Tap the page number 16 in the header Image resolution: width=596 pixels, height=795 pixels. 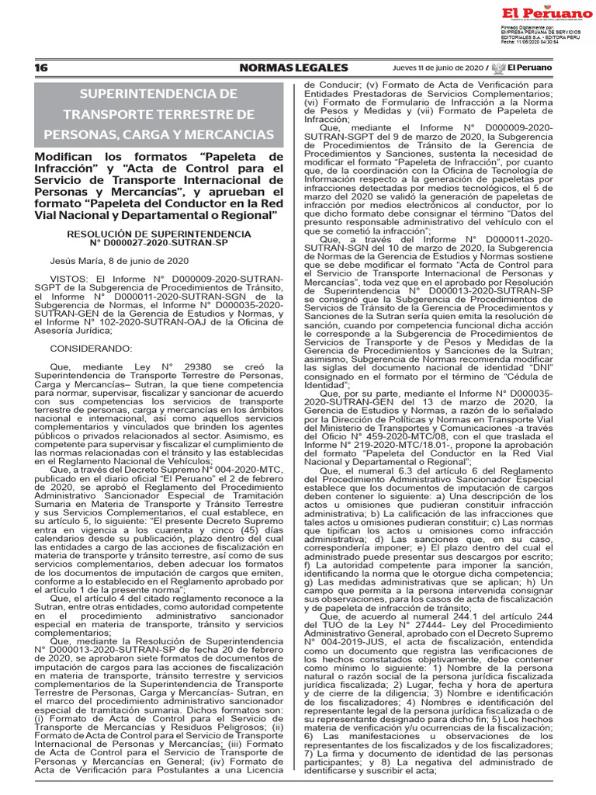pos(41,68)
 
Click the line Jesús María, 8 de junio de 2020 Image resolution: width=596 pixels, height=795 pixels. pos(108,262)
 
